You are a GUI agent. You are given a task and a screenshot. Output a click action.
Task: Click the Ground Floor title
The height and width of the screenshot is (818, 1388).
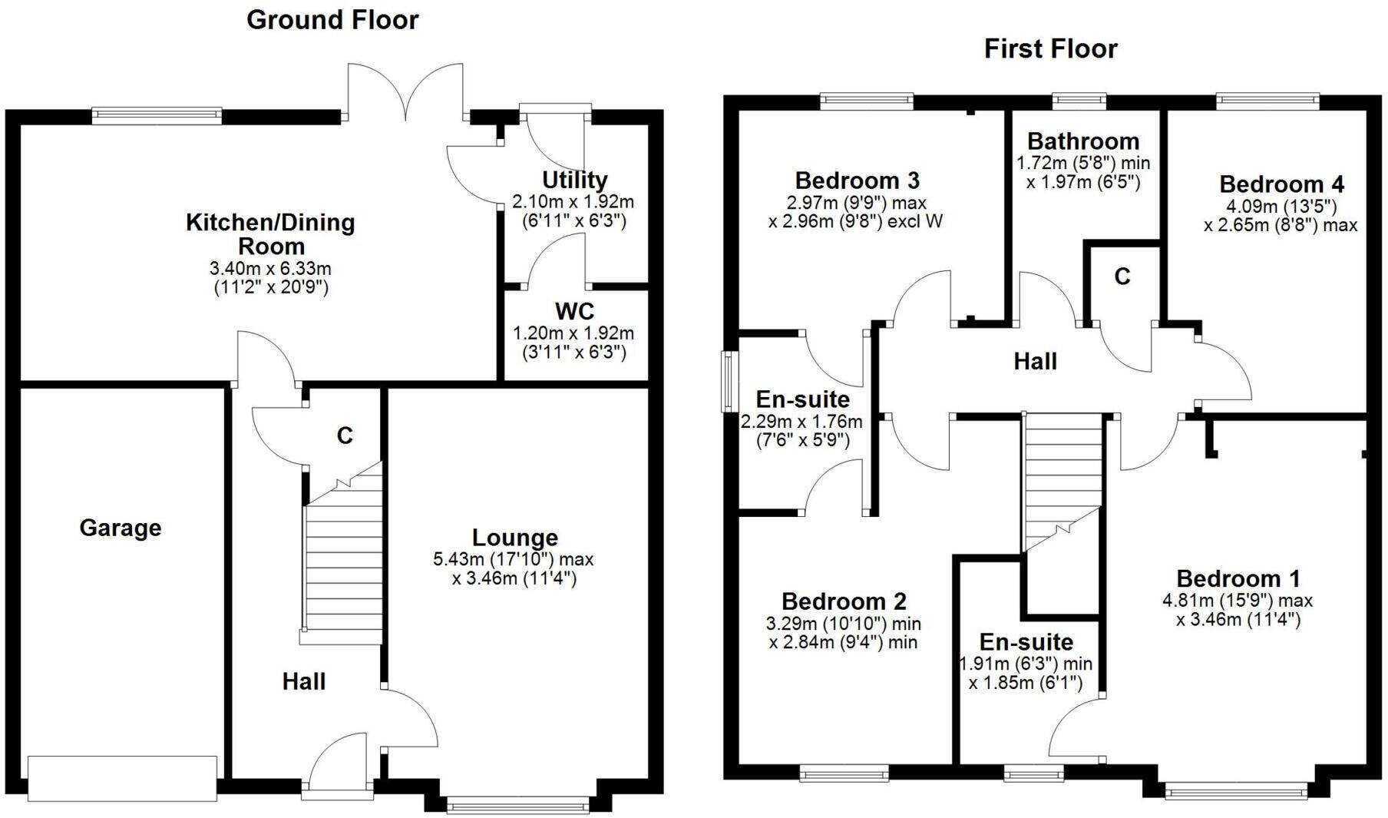coord(332,20)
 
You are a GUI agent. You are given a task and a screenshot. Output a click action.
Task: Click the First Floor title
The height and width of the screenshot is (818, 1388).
coord(1050,49)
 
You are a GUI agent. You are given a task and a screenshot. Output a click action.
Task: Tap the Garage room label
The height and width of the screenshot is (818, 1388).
coord(121,528)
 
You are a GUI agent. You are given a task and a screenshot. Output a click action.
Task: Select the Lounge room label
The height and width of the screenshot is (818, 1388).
coord(514,538)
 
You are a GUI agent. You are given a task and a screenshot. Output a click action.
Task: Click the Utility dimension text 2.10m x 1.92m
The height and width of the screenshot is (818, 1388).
coord(573,202)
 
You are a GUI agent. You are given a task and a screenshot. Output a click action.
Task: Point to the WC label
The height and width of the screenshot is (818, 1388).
coord(574,311)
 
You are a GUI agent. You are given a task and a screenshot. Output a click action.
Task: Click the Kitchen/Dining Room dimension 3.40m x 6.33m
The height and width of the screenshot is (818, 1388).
coord(270,269)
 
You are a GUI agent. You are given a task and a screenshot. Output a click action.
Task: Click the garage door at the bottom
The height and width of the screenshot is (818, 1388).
coord(122,778)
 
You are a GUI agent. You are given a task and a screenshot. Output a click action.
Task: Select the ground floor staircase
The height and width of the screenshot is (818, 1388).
coord(343,568)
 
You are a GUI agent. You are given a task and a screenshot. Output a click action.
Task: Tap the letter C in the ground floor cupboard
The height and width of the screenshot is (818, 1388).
coord(345,435)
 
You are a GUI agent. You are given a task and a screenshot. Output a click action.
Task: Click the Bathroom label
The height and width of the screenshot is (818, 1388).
coord(1083,141)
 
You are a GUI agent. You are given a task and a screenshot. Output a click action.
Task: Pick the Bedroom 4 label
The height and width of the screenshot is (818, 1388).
coord(1281,184)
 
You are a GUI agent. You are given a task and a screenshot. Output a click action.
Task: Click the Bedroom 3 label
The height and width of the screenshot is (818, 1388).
coord(857,180)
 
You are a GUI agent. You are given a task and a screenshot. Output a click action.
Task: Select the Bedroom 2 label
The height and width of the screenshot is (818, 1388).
coord(844,601)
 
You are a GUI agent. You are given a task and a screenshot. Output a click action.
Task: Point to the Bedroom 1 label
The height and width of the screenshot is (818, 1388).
coord(1238,578)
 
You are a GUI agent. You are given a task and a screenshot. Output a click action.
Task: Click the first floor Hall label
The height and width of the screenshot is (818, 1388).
coord(1035,361)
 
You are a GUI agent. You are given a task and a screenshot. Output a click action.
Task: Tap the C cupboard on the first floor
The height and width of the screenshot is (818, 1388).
coord(1122,277)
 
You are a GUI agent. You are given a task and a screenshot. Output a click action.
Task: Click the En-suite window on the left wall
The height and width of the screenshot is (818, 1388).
coord(725,382)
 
